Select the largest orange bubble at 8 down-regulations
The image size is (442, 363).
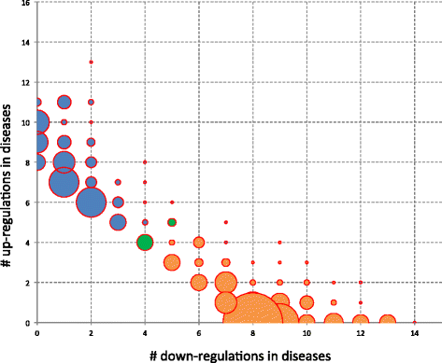(x=251, y=322)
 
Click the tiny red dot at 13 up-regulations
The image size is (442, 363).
(x=91, y=62)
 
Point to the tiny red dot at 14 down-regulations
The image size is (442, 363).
(x=415, y=322)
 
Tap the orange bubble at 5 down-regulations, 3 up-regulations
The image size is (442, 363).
(x=172, y=262)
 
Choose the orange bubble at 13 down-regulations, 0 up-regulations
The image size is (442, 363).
(x=387, y=322)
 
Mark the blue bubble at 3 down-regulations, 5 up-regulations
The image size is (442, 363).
(x=118, y=222)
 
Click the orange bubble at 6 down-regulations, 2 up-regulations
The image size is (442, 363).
(x=198, y=282)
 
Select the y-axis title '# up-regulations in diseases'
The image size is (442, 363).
(x=10, y=161)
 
